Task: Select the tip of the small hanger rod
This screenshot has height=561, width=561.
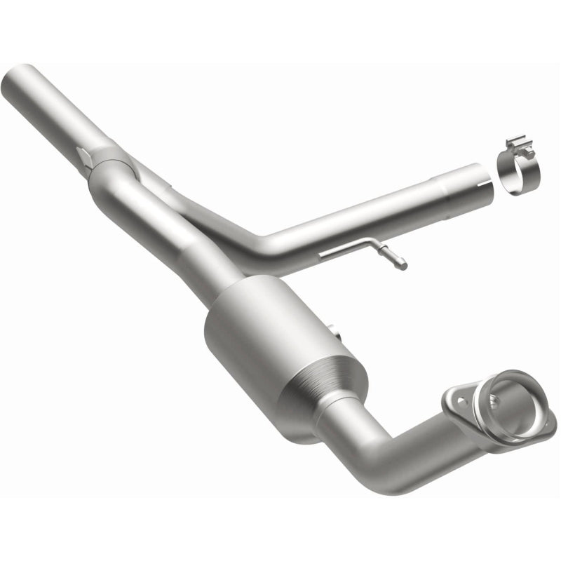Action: click(402, 266)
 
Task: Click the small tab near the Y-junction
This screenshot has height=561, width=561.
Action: click(84, 157)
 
